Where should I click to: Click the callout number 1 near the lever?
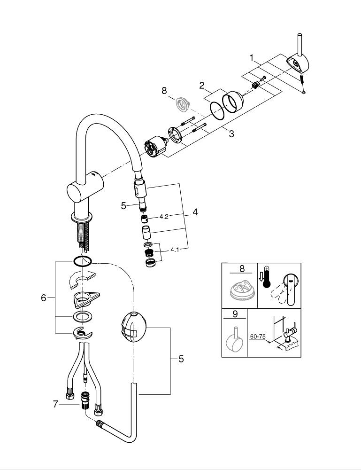[x=252, y=58]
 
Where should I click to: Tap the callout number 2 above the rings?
[x=202, y=86]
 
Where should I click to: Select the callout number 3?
[x=231, y=133]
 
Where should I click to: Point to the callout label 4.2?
[x=164, y=217]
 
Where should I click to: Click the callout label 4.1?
[x=175, y=250]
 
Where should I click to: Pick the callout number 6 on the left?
[x=44, y=298]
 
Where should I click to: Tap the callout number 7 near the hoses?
[x=55, y=404]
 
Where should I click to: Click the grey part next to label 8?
[x=181, y=103]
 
